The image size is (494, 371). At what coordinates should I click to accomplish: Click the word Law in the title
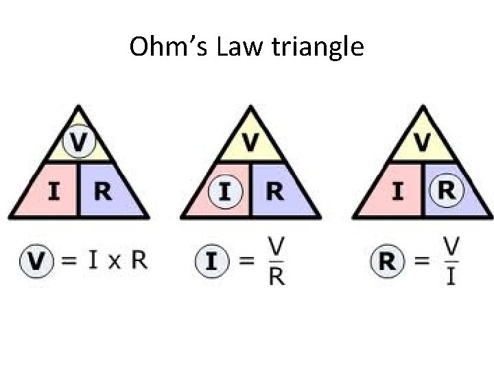coord(233,47)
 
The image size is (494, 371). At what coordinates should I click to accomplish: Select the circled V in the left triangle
coord(79,143)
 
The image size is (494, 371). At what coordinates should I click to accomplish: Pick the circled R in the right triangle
coord(446,190)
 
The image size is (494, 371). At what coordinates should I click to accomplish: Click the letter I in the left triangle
coord(53,191)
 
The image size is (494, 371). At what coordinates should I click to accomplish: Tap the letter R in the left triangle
coord(104,191)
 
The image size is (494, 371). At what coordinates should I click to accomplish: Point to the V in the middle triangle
coord(250,143)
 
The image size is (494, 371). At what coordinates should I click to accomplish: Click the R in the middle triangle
coord(274,191)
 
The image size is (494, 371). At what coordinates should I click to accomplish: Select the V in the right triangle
coord(421,143)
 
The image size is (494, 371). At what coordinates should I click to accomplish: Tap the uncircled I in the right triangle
coord(397,191)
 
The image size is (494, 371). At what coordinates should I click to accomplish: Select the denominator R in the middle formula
coord(277,276)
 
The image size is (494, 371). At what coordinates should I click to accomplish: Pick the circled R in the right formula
coord(387,261)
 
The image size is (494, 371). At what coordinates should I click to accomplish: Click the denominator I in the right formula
coord(451,277)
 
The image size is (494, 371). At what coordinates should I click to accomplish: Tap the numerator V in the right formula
coord(451,246)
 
